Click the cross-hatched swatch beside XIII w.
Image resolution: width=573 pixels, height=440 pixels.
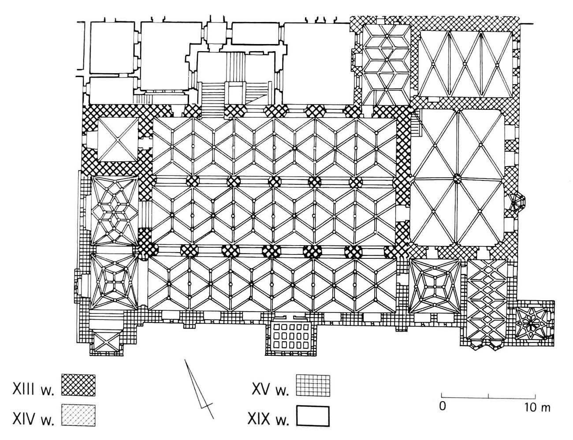coord(78,385)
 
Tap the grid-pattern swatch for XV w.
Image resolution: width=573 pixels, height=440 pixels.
coord(313,385)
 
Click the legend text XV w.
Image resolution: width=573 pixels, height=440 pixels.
coord(270,386)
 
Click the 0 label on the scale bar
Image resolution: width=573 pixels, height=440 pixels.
coord(442,406)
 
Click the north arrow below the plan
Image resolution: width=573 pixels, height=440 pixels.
coord(198,388)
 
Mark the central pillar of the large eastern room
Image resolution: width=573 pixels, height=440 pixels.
coord(457,179)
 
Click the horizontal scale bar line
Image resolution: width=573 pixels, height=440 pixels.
coord(488,395)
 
